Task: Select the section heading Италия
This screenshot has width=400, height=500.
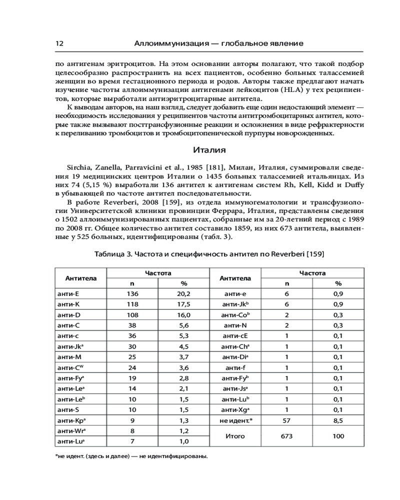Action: [x=209, y=149]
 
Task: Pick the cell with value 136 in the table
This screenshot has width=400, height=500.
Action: [x=132, y=294]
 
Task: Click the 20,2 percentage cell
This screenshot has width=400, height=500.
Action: [x=183, y=294]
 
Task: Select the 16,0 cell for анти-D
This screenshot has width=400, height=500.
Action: [x=183, y=315]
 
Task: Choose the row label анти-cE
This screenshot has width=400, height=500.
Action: [x=235, y=336]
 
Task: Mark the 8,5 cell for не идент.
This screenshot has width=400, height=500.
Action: [x=338, y=420]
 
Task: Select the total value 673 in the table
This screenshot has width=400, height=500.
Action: [x=286, y=436]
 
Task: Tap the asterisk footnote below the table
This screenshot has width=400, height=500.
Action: [x=130, y=456]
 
